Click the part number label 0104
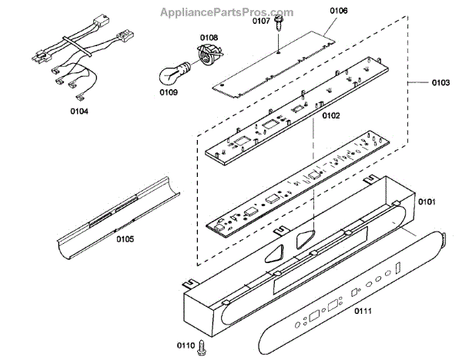(x=79, y=111)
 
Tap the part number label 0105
(x=125, y=239)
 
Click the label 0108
(x=209, y=37)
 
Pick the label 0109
(x=169, y=92)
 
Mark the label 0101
(x=427, y=202)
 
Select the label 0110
(x=184, y=346)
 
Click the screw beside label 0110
(x=202, y=347)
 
